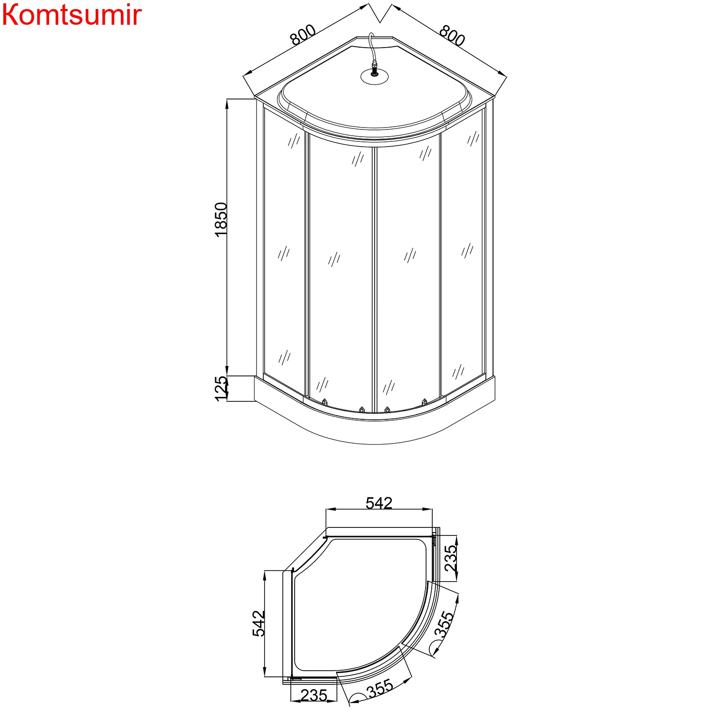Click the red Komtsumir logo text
click(x=71, y=15)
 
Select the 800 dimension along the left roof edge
click(x=303, y=35)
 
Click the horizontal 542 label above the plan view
click(x=379, y=503)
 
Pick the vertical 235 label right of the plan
click(x=450, y=558)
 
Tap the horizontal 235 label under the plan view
click(x=314, y=695)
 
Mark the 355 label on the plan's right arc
click(x=444, y=625)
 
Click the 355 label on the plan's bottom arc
click(x=380, y=689)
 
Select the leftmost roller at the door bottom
click(x=325, y=402)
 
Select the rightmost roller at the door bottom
click(x=425, y=402)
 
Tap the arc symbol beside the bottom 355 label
click(x=357, y=697)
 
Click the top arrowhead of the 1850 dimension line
click(x=227, y=102)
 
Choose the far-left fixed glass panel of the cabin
click(x=284, y=252)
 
